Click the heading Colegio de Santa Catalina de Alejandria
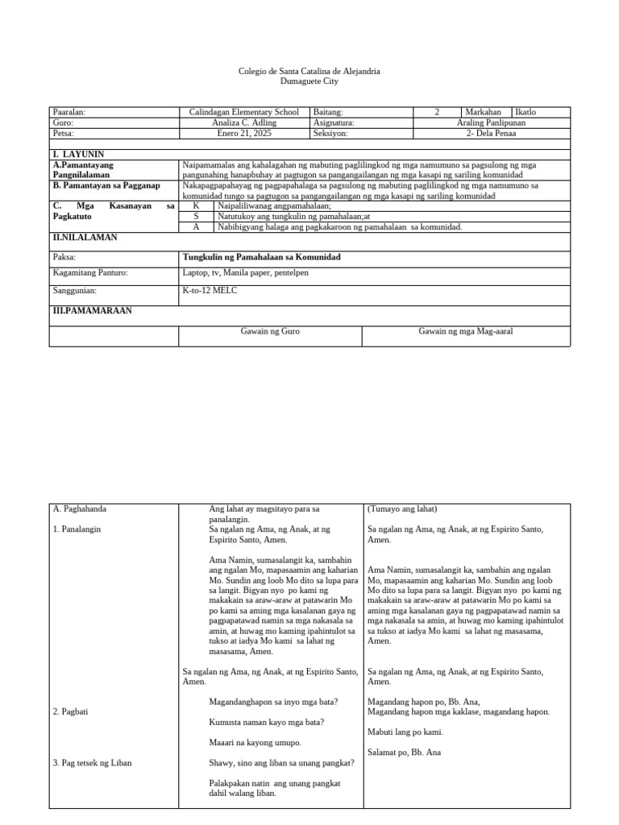tap(309, 72)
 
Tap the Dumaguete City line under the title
tap(309, 81)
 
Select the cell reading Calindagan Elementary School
tap(243, 112)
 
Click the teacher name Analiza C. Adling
tap(243, 123)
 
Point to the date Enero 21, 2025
tap(243, 134)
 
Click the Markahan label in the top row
tap(484, 112)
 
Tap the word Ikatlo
tap(526, 112)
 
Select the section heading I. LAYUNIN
tap(78, 154)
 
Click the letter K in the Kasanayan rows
tap(196, 206)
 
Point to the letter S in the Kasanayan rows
tap(196, 217)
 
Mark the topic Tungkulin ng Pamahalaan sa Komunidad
tap(262, 257)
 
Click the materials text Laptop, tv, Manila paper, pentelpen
tap(246, 273)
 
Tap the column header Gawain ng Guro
tap(271, 331)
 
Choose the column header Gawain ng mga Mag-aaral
tap(466, 331)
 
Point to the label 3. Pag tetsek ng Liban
tap(92, 762)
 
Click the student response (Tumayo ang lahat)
tap(402, 509)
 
